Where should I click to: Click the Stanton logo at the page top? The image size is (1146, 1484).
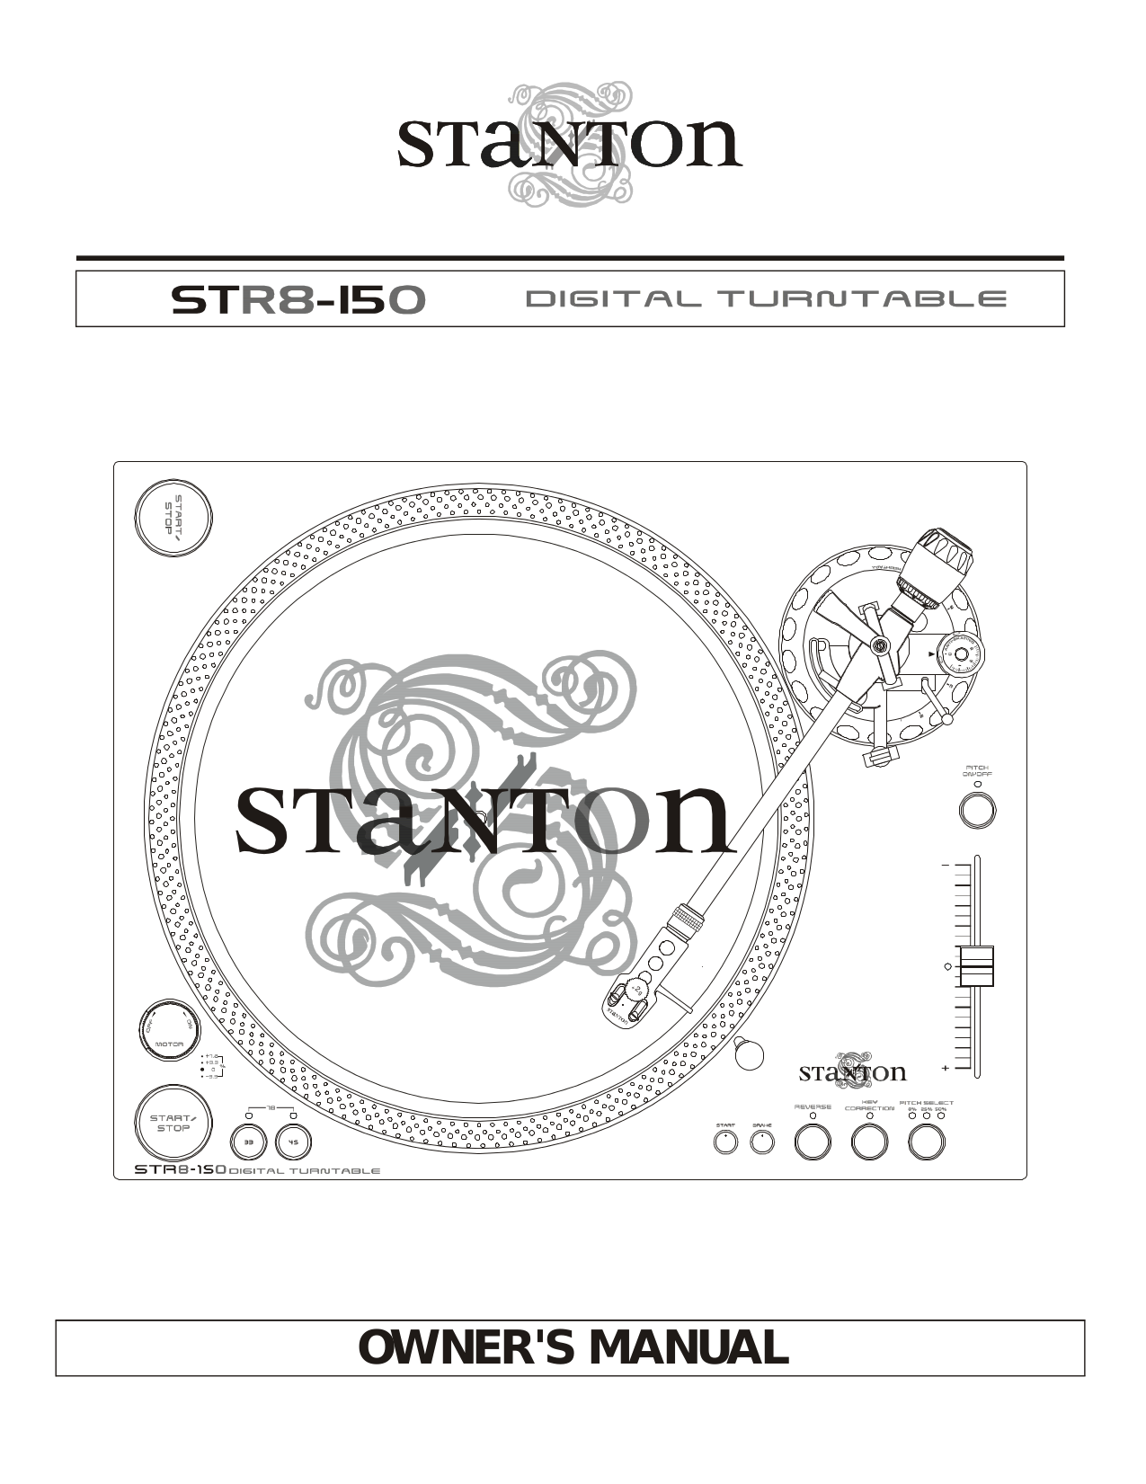tap(570, 146)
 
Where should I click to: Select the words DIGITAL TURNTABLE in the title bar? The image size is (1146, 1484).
tap(765, 298)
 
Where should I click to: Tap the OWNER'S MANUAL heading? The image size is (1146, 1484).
tap(573, 1346)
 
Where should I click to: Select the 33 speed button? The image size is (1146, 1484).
tap(250, 1143)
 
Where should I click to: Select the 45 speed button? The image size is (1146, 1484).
tap(291, 1143)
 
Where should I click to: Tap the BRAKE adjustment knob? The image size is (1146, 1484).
tap(762, 1142)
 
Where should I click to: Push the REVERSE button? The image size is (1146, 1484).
tap(813, 1142)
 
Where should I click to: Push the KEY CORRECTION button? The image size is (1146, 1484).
tap(869, 1142)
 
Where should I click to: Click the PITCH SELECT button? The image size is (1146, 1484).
tap(927, 1142)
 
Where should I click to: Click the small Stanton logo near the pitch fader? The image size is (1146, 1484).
tap(852, 1071)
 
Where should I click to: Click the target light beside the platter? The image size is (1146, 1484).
tap(749, 1053)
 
